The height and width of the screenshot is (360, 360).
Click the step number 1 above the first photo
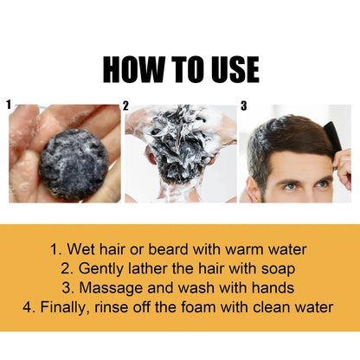click(x=10, y=106)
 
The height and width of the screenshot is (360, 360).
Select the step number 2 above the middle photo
click(x=126, y=106)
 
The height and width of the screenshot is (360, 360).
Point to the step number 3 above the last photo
click(x=243, y=106)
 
